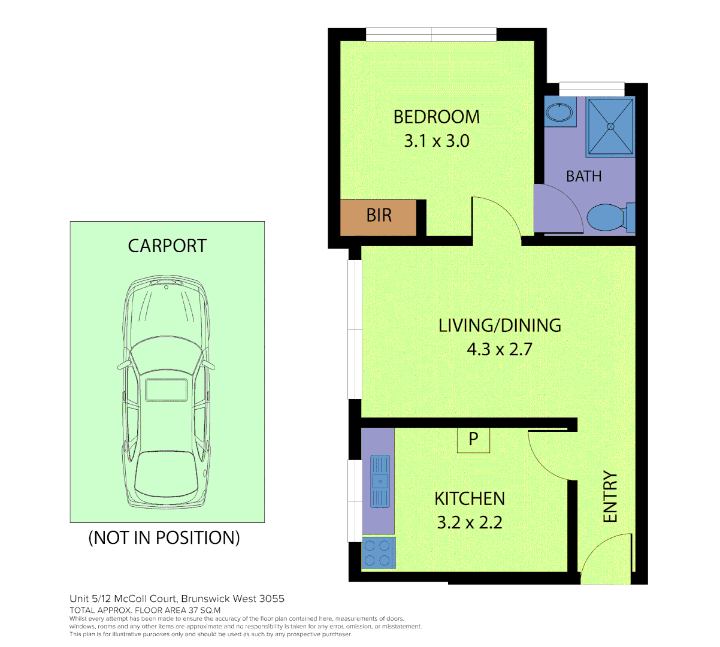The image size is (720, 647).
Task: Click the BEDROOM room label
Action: coord(436,117)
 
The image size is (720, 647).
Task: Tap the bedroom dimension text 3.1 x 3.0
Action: coord(436,141)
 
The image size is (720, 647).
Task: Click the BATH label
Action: coord(583,177)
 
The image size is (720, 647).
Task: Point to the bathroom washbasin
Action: coord(560,112)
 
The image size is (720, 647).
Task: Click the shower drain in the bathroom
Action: coord(610,126)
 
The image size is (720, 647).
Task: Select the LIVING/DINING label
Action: coord(500,325)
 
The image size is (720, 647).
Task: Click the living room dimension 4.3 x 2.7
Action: coord(500,349)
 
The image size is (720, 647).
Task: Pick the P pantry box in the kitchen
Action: coord(473,440)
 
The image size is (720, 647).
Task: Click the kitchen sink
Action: coord(380,481)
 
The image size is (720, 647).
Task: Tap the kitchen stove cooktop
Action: coord(377,553)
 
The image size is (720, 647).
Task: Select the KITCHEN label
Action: coord(470,498)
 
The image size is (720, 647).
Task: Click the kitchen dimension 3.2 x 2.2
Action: coord(470,522)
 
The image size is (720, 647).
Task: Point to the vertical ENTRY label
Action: coord(610,497)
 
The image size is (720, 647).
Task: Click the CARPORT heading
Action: coord(167,246)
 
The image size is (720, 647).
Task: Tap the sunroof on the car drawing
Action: coord(167,389)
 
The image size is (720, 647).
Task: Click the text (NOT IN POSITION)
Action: coord(164,538)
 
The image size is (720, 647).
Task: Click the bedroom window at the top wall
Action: coord(431,34)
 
